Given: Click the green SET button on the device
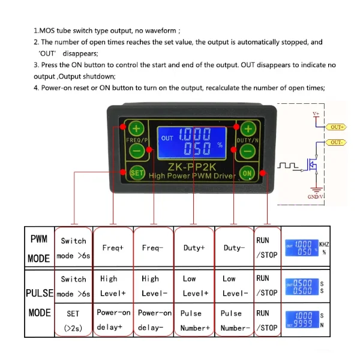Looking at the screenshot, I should click(137, 172).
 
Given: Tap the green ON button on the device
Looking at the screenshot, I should click(247, 173).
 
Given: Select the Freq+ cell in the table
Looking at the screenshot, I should click(113, 248).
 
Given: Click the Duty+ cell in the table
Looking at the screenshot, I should click(194, 248).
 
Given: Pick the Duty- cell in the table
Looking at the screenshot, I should click(234, 248).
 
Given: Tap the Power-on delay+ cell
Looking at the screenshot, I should click(113, 320).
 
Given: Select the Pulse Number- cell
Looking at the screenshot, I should click(234, 320).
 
